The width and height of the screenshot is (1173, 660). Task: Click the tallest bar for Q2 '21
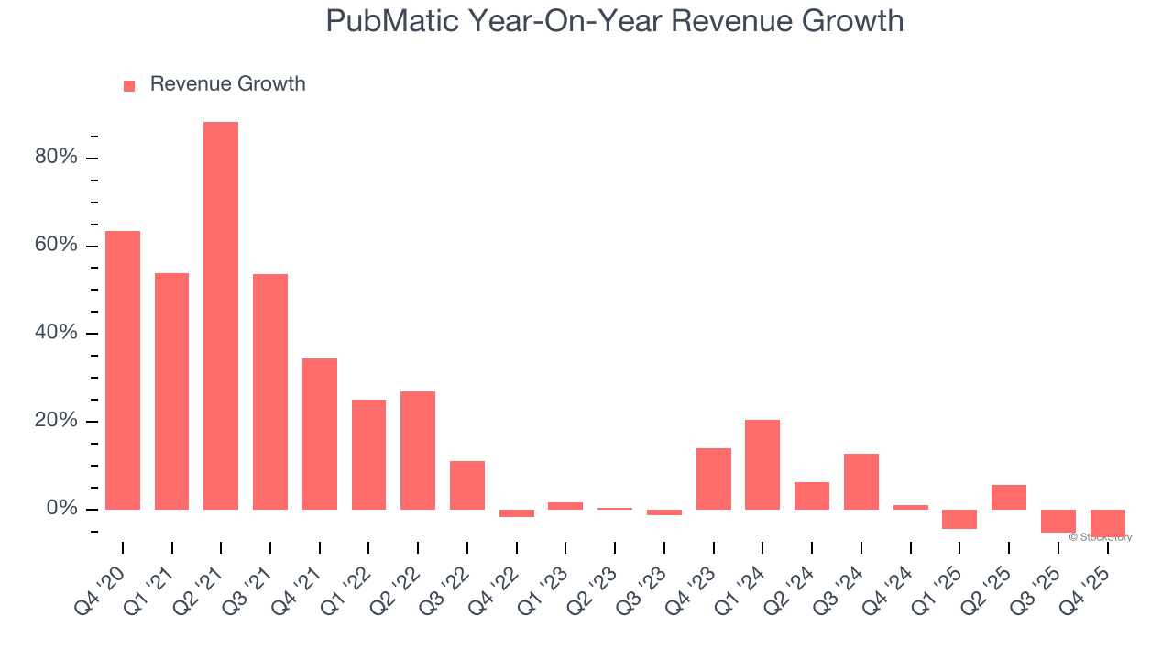pos(221,315)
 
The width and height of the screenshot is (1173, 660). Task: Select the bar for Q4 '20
pos(123,370)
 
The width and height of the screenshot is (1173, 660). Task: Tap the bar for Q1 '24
pos(762,465)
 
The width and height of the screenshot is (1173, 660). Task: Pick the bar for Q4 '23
pos(713,478)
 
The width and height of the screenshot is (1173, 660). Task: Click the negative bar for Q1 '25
pos(959,520)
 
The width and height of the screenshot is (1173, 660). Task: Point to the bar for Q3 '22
pos(467,485)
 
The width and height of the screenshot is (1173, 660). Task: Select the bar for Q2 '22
pos(418,450)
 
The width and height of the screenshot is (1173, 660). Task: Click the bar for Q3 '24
pos(861,481)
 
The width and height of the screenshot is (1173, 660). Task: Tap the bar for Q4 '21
pos(320,434)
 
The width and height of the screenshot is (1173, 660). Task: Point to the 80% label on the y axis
pos(56,158)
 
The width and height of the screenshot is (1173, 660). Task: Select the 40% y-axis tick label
pos(56,334)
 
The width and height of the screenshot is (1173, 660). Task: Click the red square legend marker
pos(129,86)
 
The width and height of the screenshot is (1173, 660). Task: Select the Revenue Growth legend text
pos(227,84)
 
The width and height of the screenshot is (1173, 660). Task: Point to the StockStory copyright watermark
pos(1100,537)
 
